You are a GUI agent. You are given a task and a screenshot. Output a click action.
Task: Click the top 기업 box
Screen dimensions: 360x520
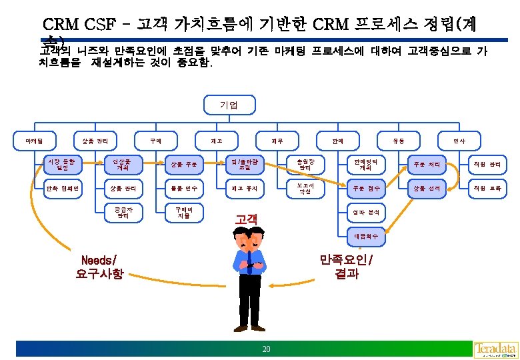228,105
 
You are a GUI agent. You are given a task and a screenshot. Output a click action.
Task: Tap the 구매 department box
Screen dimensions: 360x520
155,140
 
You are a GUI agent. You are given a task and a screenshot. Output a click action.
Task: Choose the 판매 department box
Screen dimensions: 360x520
338,140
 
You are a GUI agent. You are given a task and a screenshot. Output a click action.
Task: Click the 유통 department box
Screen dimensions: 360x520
399,140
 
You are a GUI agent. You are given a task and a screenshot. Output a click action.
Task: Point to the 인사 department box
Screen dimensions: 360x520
459,140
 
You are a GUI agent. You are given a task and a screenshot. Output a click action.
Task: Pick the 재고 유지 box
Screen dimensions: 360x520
238,188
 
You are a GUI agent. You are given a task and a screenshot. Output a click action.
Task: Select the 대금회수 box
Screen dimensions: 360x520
363,235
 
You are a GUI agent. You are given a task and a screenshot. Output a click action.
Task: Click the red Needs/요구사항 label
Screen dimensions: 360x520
99,267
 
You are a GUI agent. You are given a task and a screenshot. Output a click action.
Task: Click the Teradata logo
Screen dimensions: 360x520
495,349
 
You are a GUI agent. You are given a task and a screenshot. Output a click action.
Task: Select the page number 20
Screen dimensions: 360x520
266,349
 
